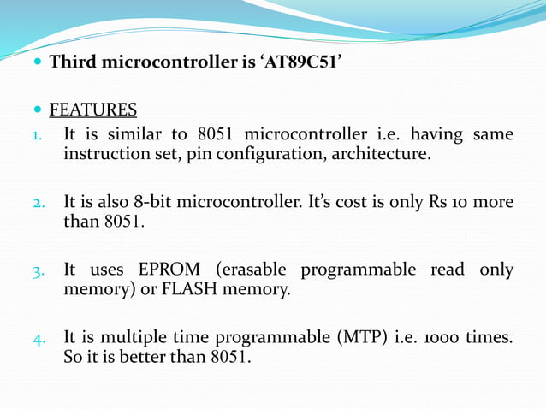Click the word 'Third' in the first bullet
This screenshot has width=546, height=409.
point(73,62)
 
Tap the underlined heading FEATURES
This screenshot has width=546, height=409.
point(93,110)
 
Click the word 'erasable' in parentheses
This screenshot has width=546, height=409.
point(251,270)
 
